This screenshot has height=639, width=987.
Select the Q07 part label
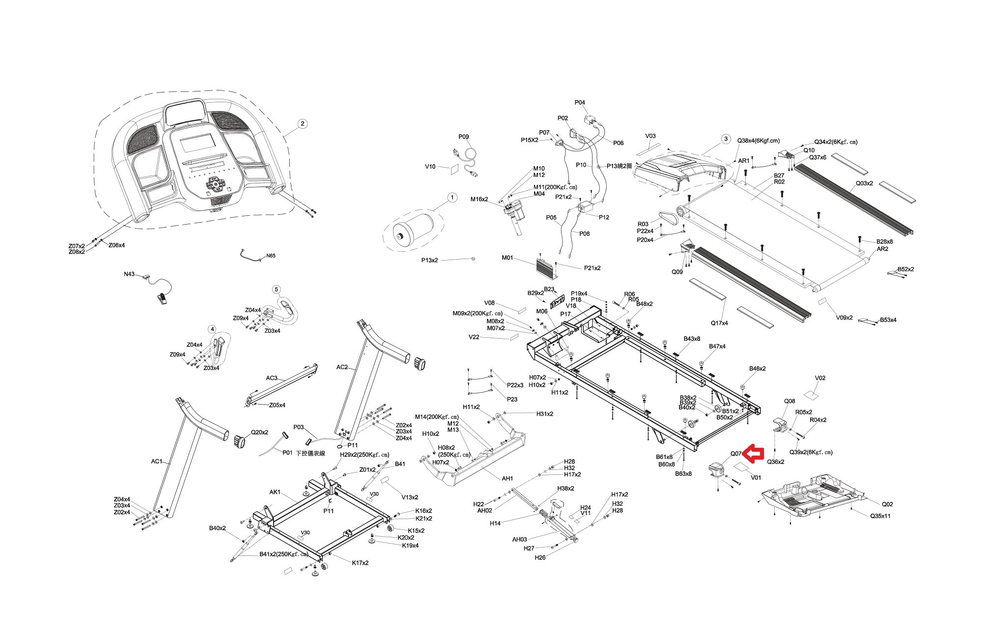pos(735,454)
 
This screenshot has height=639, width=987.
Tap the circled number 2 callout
pos(303,123)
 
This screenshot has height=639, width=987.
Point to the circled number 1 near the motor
pos(452,198)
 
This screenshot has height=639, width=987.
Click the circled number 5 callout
pos(276,290)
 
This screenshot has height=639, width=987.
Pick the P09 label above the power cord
pos(463,137)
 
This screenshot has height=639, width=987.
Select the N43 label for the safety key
pos(129,274)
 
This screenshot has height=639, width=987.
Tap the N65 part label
pos(271,256)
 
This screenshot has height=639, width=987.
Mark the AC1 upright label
pos(157,461)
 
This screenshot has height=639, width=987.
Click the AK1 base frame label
pos(275,492)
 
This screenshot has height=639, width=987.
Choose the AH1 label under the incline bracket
pos(507,478)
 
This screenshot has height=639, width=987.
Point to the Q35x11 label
pos(880,516)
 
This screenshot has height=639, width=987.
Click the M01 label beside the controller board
pos(507,258)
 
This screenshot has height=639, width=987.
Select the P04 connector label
pos(580,103)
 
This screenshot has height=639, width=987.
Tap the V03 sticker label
pos(650,136)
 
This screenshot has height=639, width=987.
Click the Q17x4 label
pos(719,323)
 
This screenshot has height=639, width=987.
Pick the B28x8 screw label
pos(884,241)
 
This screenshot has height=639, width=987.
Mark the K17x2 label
pos(360,563)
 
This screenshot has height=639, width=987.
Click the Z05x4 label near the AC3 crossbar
pos(277,405)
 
